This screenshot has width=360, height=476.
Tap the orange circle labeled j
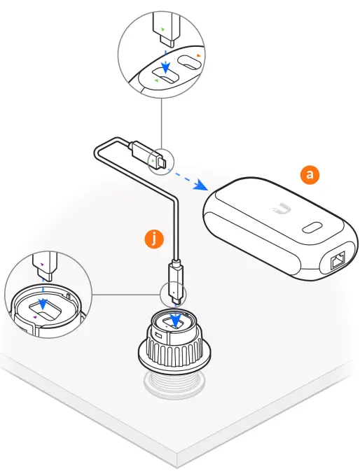pos(153,239)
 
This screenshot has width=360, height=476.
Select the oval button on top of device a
pos(311,227)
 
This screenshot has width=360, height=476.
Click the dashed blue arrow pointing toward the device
pos(188,179)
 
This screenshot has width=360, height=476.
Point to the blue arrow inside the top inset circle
pos(165,65)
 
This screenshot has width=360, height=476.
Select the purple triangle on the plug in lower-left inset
pos(42,264)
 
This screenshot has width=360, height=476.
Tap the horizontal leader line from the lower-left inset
pos(126,294)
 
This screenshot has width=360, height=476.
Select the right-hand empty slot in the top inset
pos(190,63)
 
